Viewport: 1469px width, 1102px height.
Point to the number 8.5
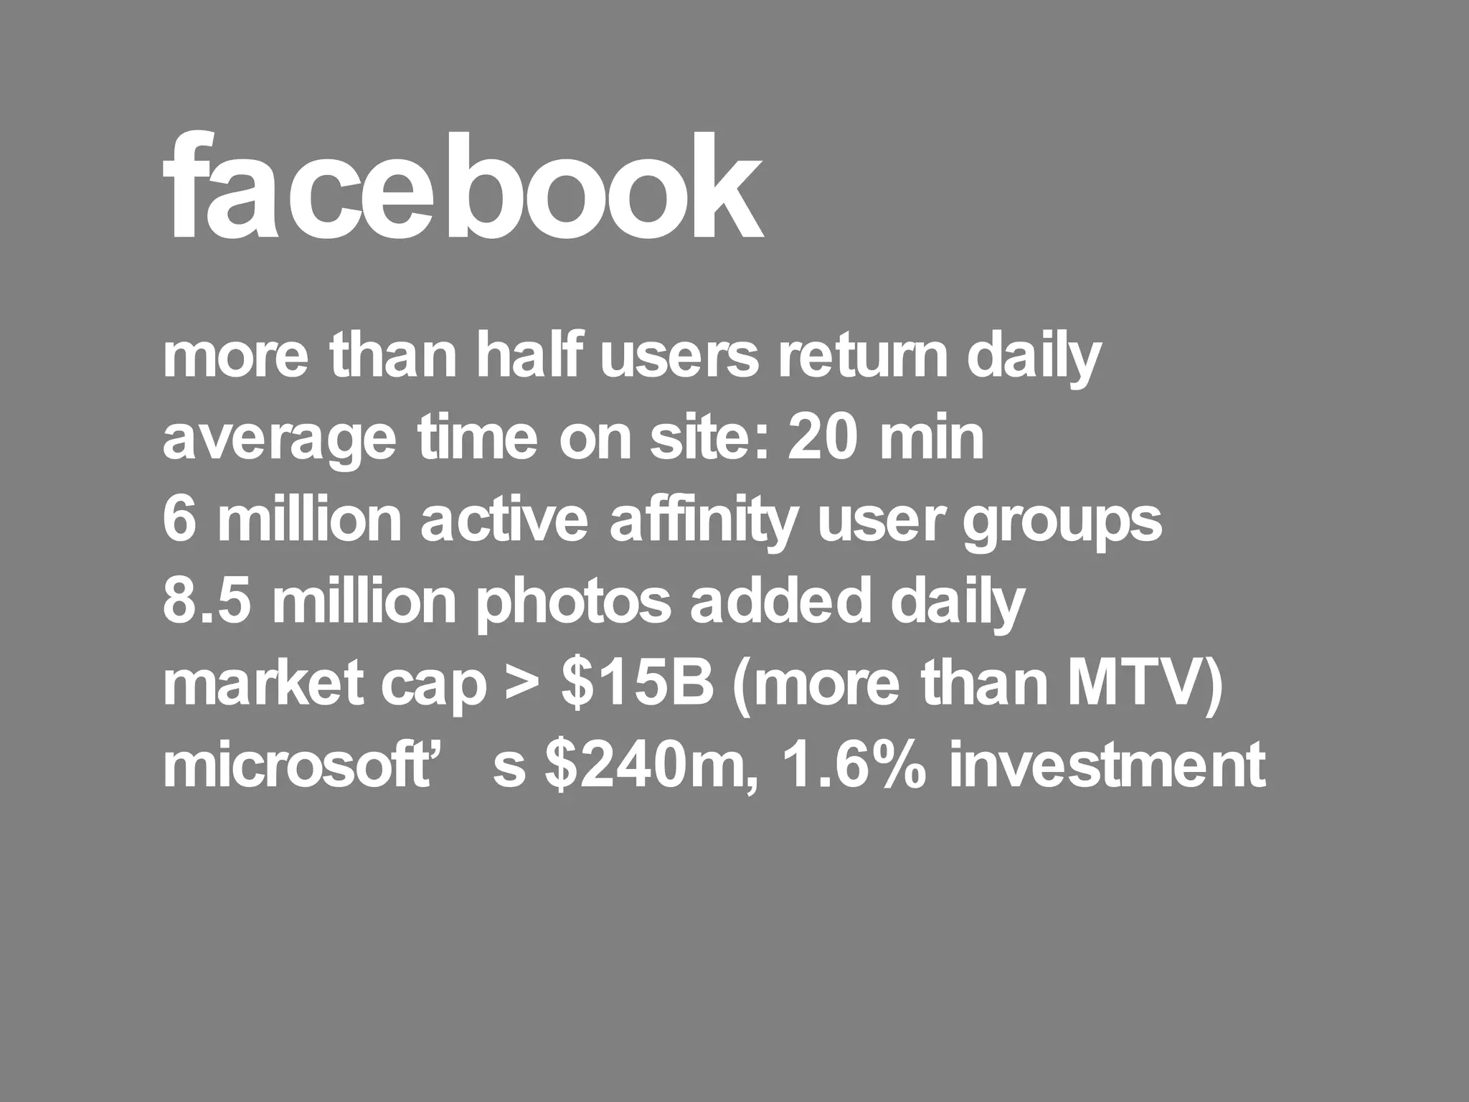coord(207,601)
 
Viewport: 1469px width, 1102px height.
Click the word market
coord(262,684)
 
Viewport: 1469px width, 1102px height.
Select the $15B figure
coord(638,684)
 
